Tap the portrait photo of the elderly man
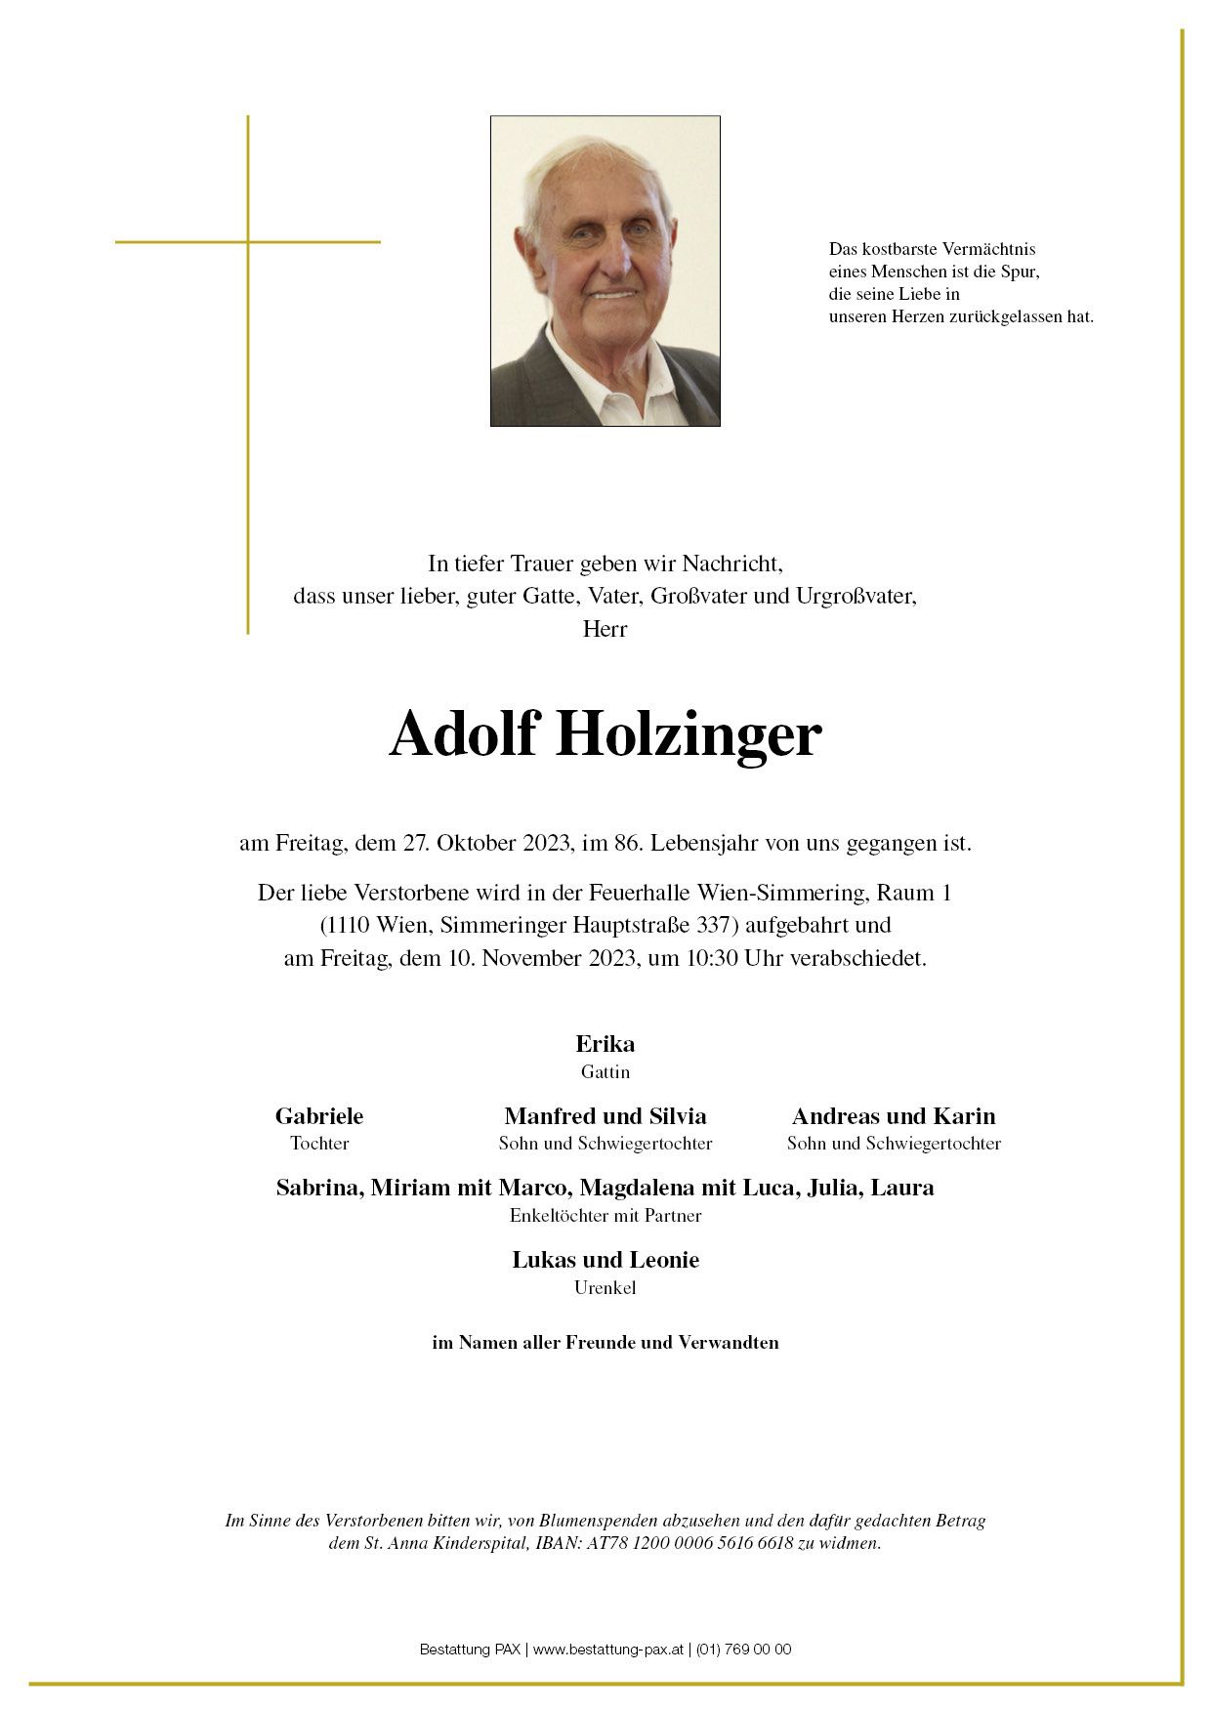[605, 271]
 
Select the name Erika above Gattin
[605, 1043]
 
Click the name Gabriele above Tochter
[319, 1115]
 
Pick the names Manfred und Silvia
[605, 1115]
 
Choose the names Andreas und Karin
[894, 1115]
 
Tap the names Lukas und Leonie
[605, 1259]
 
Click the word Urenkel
[605, 1287]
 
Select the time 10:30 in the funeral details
[712, 957]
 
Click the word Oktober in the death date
[477, 843]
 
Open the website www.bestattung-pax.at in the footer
[606, 1649]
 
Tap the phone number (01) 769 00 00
[743, 1649]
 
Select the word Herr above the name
[605, 628]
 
